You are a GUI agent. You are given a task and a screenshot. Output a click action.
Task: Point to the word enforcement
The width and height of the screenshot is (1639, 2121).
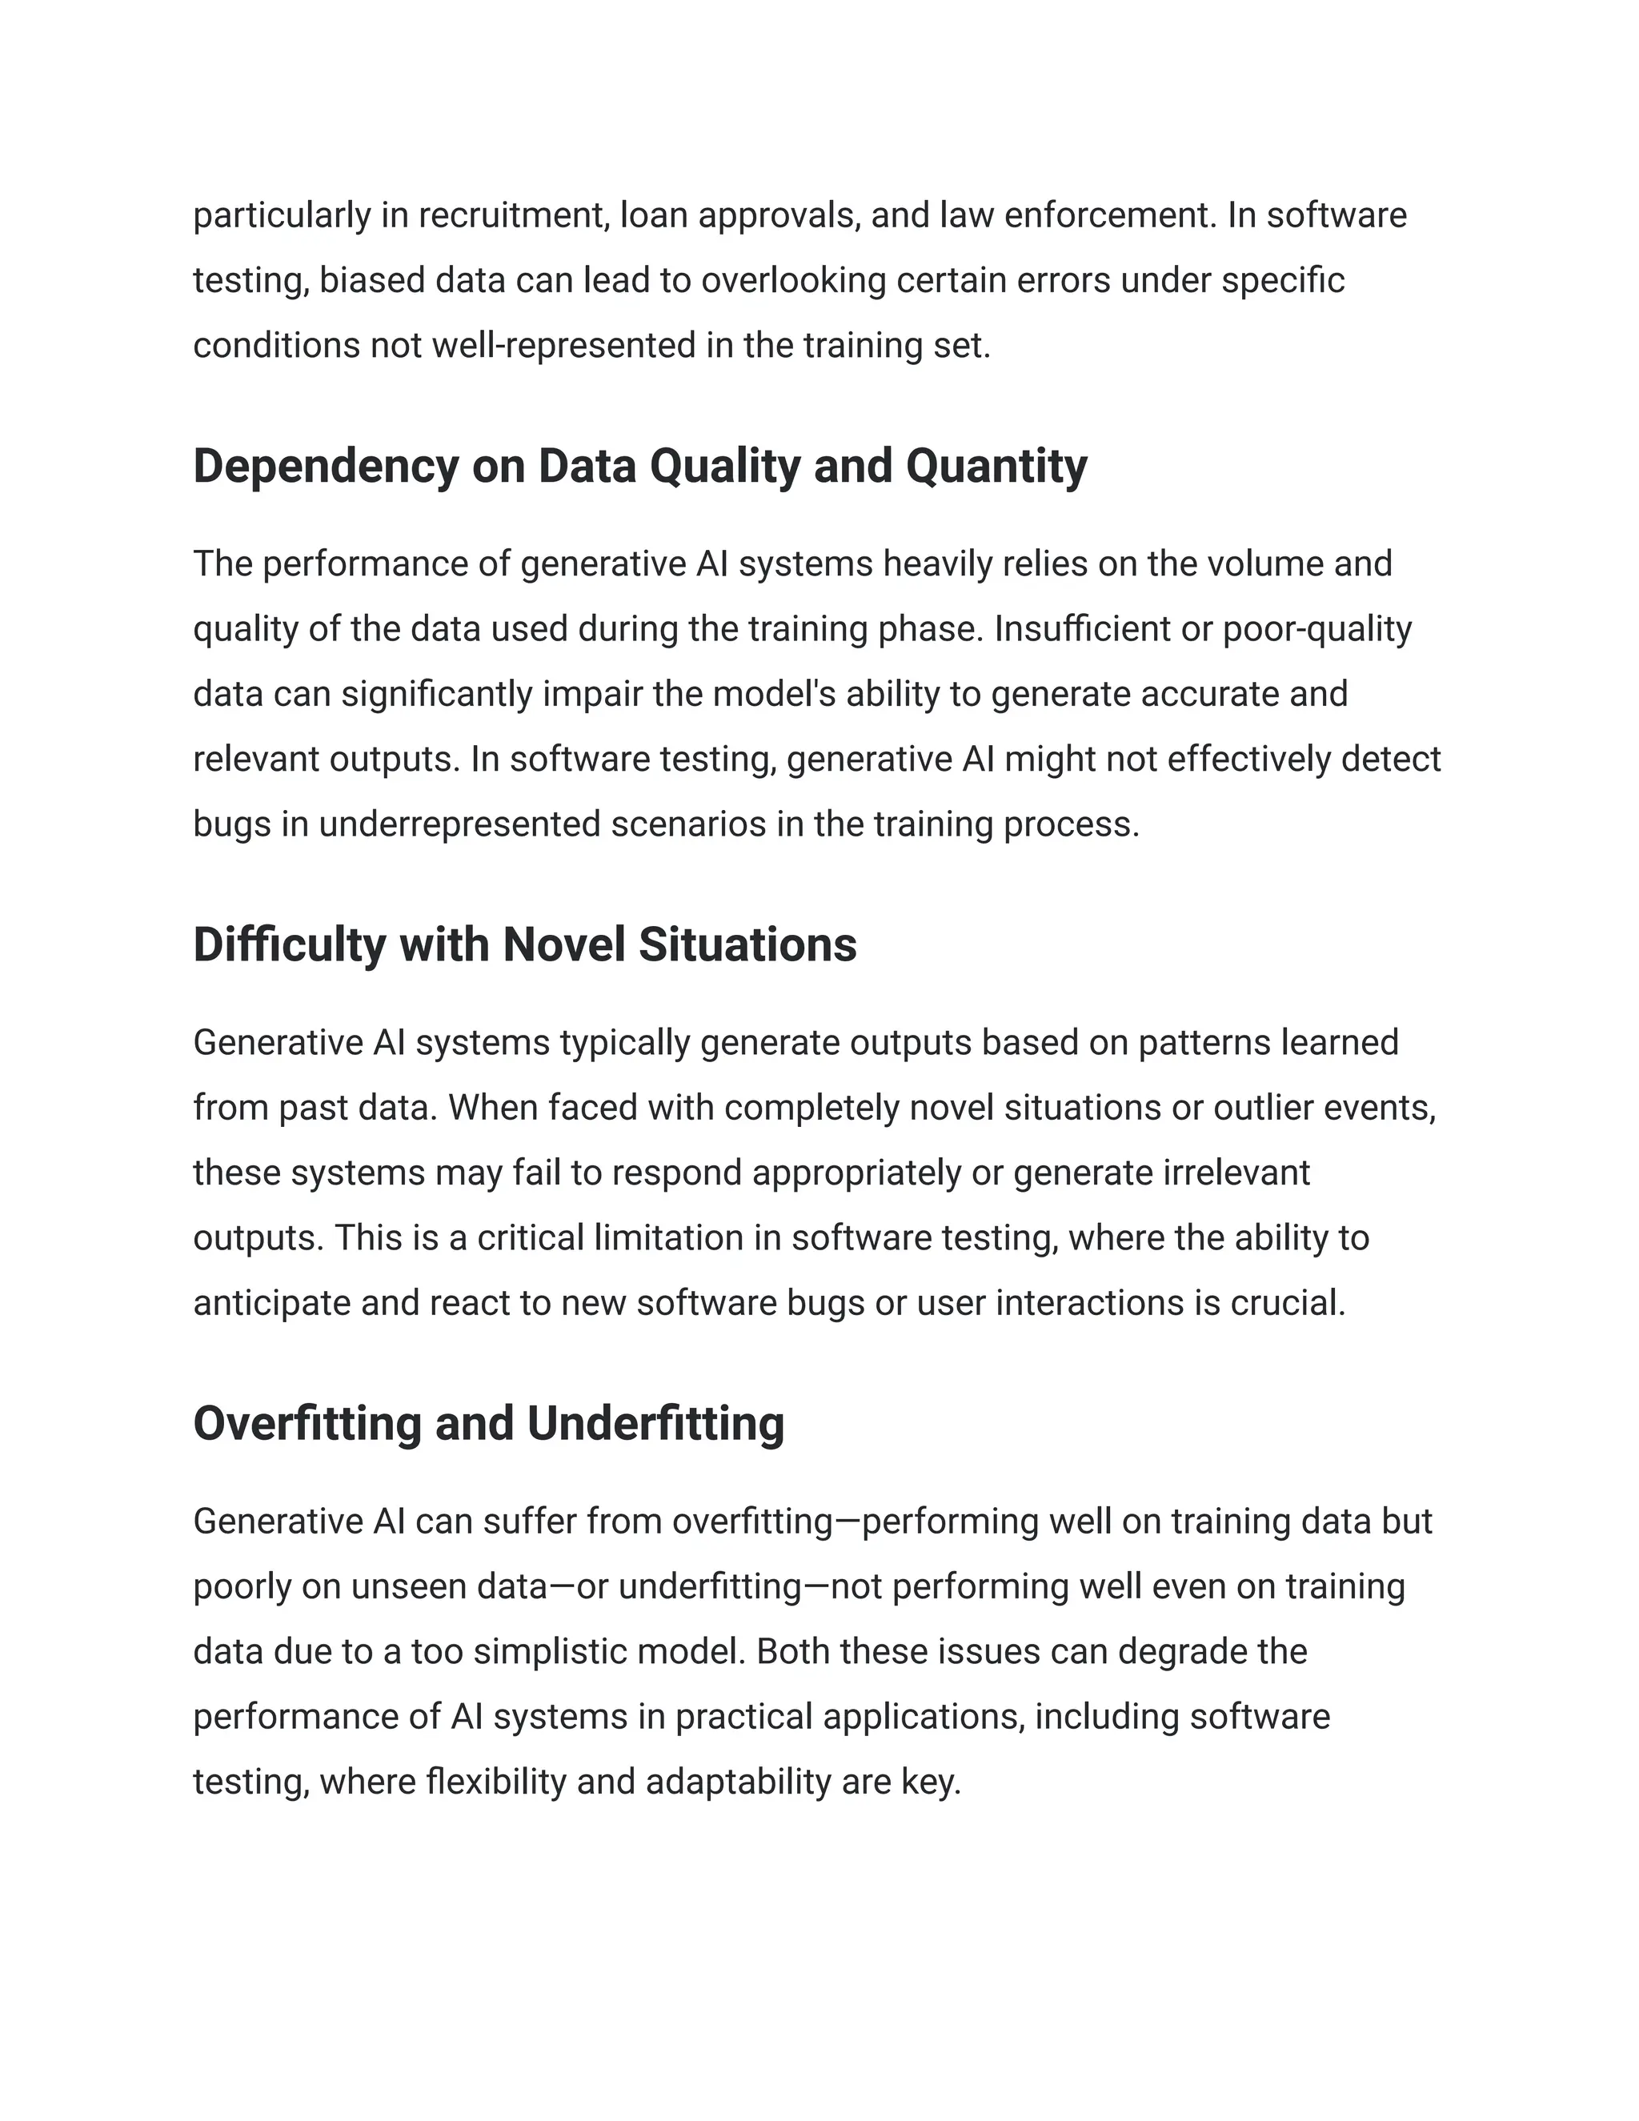pos(1109,215)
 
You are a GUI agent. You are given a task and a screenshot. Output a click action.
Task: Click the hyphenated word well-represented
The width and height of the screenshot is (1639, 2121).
pos(563,346)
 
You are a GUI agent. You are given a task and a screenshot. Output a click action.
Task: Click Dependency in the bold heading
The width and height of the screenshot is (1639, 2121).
pos(325,466)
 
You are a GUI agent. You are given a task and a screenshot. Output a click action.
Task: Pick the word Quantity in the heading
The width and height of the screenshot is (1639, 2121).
pos(996,466)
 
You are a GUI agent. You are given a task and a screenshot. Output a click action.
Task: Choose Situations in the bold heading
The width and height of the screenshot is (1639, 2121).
pos(747,945)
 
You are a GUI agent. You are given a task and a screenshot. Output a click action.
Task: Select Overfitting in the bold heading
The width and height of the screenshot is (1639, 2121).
pos(307,1424)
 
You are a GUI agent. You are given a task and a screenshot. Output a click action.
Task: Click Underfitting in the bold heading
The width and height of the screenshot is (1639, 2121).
pos(655,1424)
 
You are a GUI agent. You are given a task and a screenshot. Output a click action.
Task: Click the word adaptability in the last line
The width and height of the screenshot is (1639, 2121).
pos(738,1782)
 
